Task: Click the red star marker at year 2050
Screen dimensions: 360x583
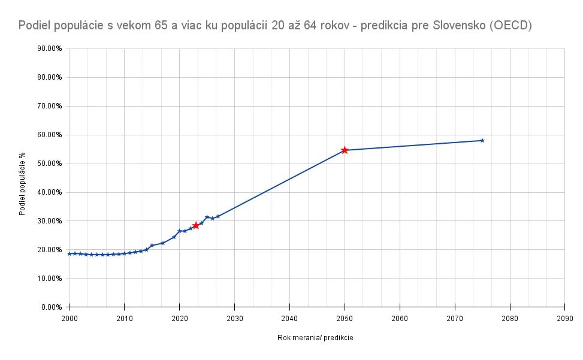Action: coord(345,150)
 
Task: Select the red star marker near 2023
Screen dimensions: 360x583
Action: coord(196,225)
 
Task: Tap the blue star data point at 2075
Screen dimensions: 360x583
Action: coord(482,141)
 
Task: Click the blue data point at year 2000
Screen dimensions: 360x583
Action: coord(70,253)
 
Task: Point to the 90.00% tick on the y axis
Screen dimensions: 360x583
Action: coord(50,49)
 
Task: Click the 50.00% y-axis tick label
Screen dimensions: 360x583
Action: coord(50,164)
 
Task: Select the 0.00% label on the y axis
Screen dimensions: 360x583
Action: coord(52,307)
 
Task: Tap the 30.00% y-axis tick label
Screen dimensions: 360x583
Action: coord(50,221)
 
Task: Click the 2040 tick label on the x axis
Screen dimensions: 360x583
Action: coord(289,318)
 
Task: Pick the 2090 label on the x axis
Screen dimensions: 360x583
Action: coord(565,318)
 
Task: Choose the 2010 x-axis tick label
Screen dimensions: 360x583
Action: coord(124,318)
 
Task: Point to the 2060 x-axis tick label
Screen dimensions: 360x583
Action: coord(400,318)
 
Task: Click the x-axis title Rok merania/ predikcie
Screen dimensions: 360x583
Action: coord(315,338)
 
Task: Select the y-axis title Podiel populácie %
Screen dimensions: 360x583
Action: coord(22,184)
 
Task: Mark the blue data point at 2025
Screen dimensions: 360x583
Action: coord(207,217)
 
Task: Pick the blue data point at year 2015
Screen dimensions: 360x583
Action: coord(152,246)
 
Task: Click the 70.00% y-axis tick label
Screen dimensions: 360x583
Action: coord(50,106)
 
